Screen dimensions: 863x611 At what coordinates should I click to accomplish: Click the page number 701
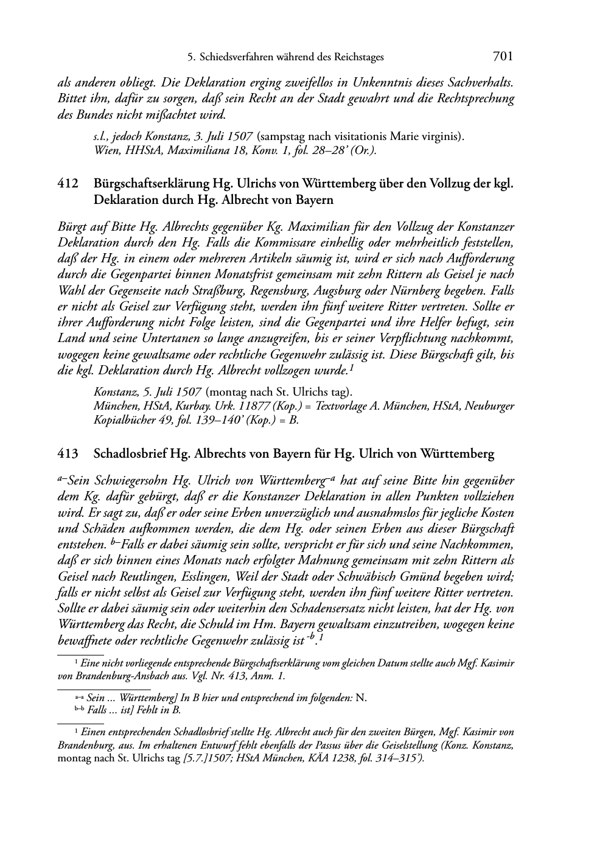tap(502, 57)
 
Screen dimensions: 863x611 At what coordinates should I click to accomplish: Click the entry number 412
tap(68, 184)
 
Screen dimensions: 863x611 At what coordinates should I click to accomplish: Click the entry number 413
tap(68, 454)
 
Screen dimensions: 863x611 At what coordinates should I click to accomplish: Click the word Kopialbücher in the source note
tap(124, 420)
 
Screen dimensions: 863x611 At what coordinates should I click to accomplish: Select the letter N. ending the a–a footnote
tap(361, 698)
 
